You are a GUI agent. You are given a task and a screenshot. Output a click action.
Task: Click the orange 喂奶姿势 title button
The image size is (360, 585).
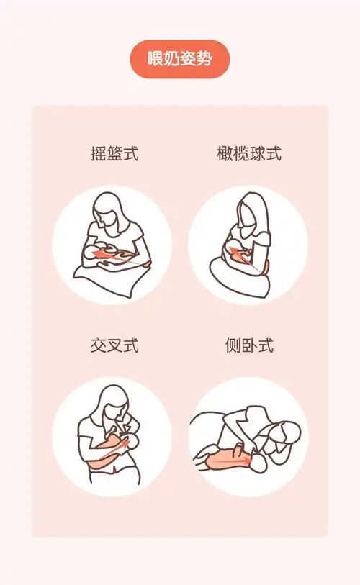point(179,59)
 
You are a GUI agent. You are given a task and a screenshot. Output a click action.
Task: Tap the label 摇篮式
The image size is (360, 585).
point(113,153)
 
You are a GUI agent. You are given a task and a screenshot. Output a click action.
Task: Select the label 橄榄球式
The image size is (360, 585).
point(248,153)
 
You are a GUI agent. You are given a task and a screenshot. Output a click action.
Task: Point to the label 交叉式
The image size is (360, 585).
point(113,345)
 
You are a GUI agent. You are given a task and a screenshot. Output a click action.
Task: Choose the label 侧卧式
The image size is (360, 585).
point(248,345)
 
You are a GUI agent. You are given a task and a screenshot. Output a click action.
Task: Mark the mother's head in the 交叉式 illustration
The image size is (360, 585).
point(113,403)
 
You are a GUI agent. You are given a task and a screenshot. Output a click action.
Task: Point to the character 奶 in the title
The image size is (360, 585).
point(171,59)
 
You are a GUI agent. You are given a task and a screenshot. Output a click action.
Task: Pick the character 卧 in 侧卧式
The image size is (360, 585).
point(248,345)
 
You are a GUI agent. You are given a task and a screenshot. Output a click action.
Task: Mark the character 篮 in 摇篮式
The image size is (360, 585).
point(113,153)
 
